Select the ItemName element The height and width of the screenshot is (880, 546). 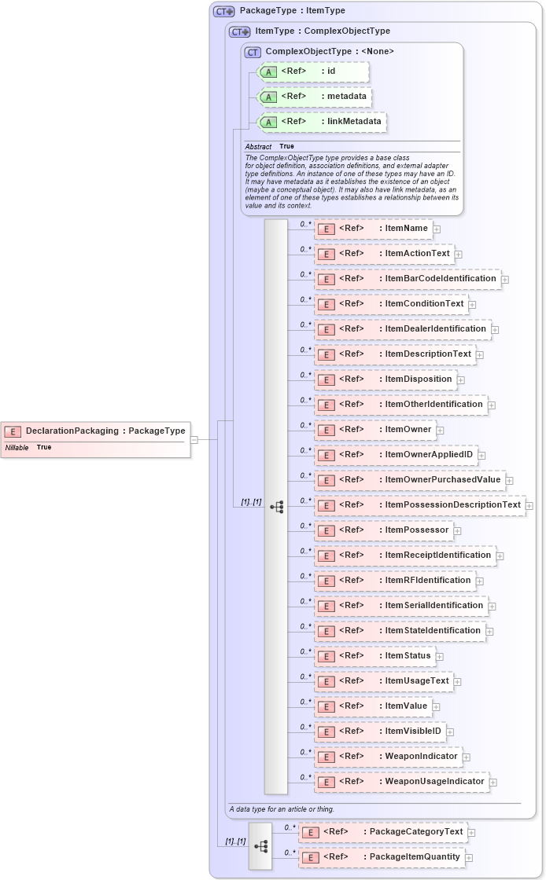(x=373, y=229)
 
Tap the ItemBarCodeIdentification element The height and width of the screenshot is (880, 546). (x=407, y=279)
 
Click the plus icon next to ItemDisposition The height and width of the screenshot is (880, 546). (x=461, y=379)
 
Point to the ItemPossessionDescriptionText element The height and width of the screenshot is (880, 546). (x=419, y=505)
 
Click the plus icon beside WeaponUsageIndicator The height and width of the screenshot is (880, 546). (x=493, y=782)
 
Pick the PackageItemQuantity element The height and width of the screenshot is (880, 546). (x=382, y=857)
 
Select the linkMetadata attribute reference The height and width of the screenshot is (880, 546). (x=323, y=122)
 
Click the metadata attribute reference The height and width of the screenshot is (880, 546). (x=315, y=97)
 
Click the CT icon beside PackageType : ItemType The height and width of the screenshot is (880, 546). (x=224, y=11)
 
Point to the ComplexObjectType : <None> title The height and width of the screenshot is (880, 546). (x=330, y=52)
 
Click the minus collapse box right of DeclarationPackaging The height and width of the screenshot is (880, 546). (x=194, y=439)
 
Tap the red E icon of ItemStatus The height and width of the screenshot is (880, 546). (x=326, y=656)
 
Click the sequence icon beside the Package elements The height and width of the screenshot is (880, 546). (x=260, y=846)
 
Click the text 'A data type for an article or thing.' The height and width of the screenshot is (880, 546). (x=282, y=808)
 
